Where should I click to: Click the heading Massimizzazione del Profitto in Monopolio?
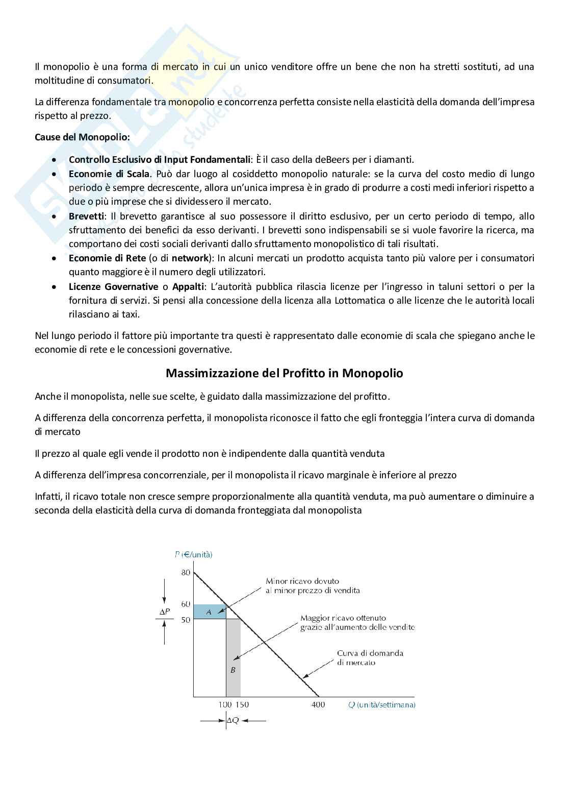284,373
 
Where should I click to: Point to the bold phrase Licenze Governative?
113,286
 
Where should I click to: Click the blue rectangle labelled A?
209,612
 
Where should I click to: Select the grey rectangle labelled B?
233,670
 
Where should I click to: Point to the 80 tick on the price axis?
186,572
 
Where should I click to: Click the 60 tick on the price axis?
186,604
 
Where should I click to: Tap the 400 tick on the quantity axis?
318,704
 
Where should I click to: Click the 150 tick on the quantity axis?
242,704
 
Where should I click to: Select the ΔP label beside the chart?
164,611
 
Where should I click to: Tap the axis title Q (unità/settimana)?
381,704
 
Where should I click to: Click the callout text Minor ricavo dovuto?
302,581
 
